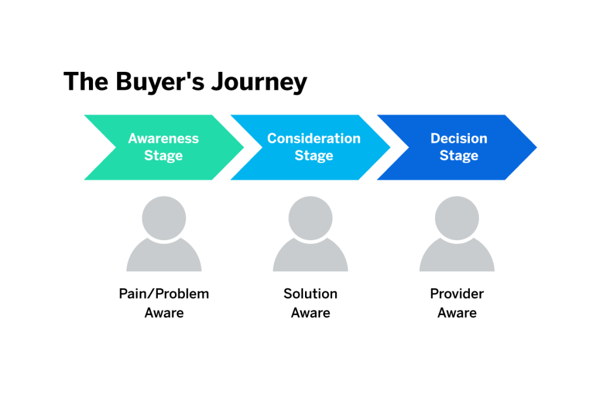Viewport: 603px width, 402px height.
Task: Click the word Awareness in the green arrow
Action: click(164, 139)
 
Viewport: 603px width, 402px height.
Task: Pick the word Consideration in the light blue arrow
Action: click(314, 139)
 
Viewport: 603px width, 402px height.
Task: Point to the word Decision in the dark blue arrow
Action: click(459, 139)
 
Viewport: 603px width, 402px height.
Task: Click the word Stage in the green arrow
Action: click(164, 156)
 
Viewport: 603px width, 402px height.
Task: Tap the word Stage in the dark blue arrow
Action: click(459, 156)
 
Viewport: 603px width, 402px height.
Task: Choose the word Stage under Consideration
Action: click(314, 156)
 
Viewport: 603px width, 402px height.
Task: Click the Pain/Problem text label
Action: click(164, 294)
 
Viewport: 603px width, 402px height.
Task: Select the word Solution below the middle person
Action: click(310, 294)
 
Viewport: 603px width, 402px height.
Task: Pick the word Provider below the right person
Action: click(457, 294)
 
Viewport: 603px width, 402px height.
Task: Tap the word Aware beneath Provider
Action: click(457, 313)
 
